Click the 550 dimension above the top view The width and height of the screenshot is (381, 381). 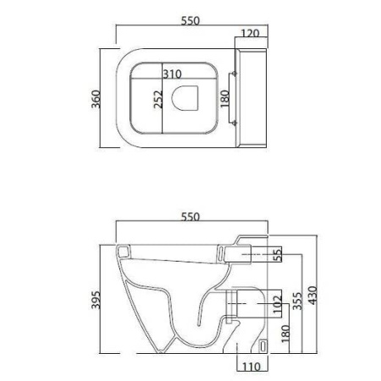pyautogui.click(x=190, y=21)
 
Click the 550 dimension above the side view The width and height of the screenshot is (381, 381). pyautogui.click(x=190, y=217)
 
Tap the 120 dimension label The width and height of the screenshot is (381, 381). pyautogui.click(x=250, y=34)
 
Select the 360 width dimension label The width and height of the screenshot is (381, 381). pyautogui.click(x=97, y=99)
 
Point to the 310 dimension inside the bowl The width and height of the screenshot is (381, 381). pyautogui.click(x=172, y=75)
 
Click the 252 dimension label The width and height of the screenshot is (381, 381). pyautogui.click(x=158, y=99)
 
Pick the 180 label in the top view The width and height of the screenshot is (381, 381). pyautogui.click(x=225, y=99)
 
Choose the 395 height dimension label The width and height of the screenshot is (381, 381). pyautogui.click(x=97, y=300)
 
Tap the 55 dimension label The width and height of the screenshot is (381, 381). pyautogui.click(x=278, y=254)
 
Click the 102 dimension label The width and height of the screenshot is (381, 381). pyautogui.click(x=278, y=304)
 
